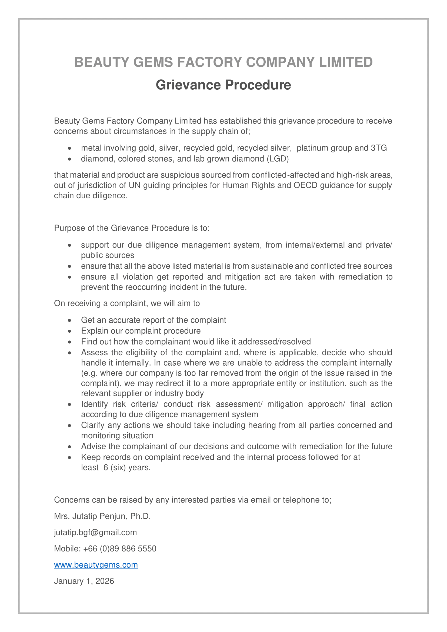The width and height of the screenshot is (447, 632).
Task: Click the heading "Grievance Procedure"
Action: (x=223, y=85)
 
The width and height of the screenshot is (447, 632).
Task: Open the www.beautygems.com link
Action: (x=96, y=565)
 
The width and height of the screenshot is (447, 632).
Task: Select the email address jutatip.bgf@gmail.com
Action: (x=95, y=532)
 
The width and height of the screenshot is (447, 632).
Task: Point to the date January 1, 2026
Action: (x=84, y=581)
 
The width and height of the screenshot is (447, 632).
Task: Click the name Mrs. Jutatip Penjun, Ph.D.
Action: (x=102, y=516)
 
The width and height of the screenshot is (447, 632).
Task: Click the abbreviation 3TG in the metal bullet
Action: (x=379, y=148)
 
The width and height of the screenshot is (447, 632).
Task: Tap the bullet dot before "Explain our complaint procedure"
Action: (x=70, y=331)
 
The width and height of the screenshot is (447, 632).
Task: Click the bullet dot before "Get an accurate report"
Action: (x=70, y=320)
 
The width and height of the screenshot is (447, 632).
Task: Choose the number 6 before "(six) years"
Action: (x=106, y=468)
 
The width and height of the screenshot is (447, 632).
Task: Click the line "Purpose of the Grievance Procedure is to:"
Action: (x=132, y=228)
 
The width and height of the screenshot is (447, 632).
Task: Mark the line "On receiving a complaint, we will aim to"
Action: (x=127, y=303)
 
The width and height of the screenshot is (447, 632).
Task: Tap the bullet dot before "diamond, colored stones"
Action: (x=70, y=159)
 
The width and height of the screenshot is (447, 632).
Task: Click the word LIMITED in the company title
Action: (x=346, y=62)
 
